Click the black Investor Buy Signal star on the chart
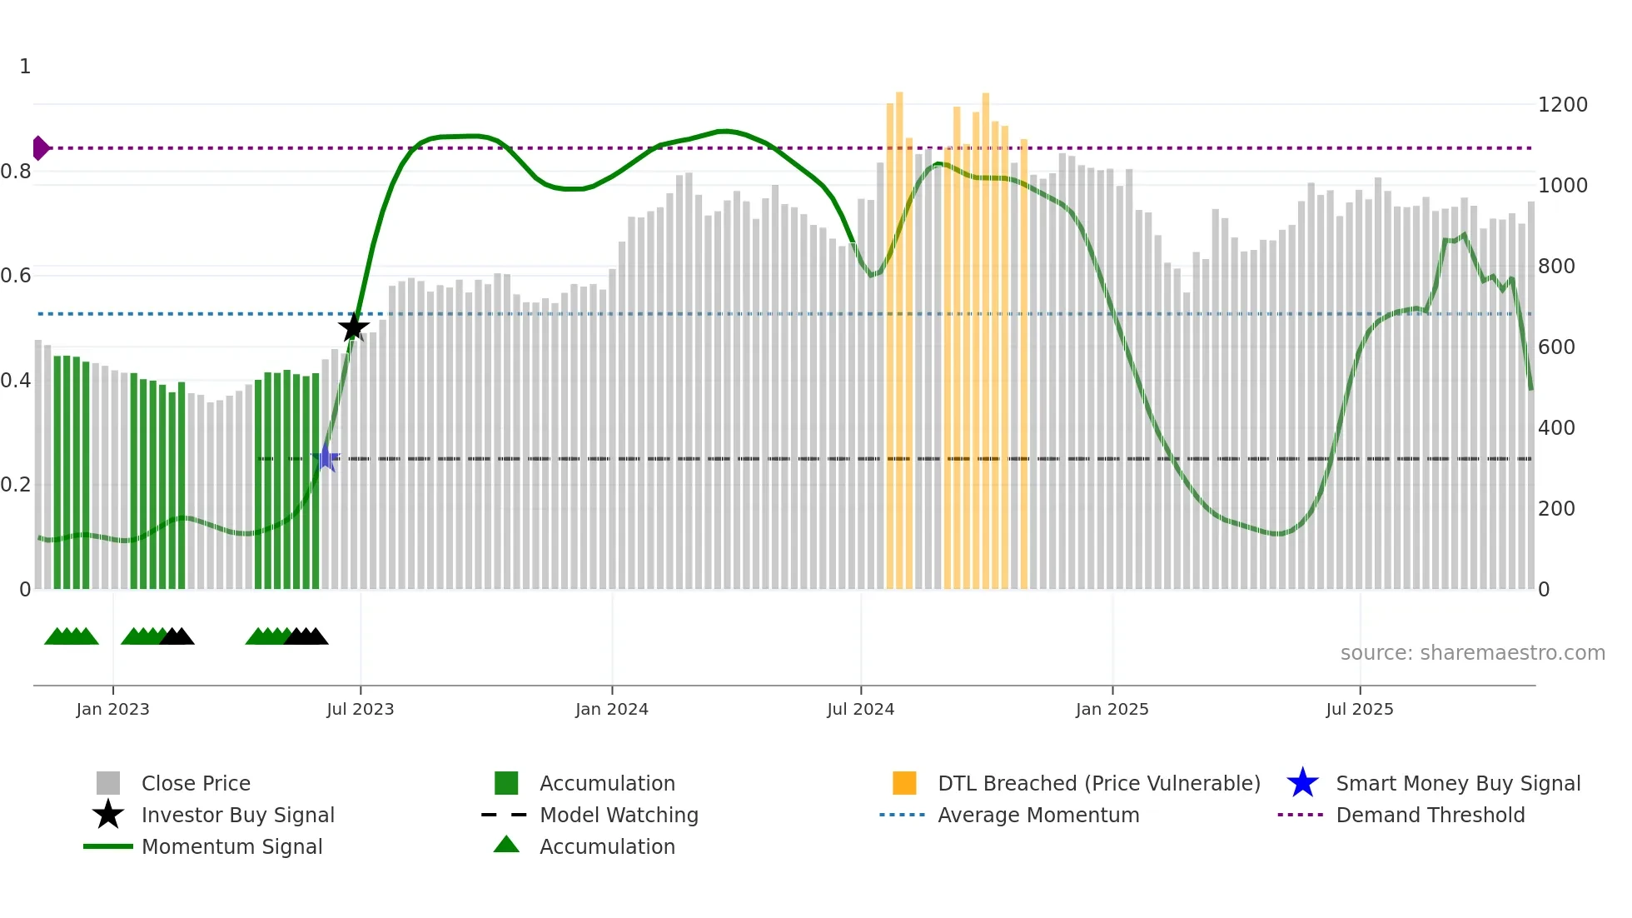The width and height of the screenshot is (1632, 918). click(354, 327)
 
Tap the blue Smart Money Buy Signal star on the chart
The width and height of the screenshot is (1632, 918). click(326, 458)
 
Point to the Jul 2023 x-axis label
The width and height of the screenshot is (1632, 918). click(360, 709)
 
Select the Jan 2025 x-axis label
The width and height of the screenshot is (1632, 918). click(1112, 709)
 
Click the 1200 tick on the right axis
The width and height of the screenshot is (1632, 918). click(1562, 105)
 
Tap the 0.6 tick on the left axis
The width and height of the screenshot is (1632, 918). click(17, 276)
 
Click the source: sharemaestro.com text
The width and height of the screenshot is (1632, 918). click(1472, 653)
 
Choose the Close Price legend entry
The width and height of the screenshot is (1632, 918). click(196, 784)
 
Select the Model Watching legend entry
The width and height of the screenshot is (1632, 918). click(619, 816)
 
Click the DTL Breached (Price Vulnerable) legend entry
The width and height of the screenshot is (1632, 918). click(1098, 784)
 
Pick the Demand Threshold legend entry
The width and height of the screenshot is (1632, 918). click(1430, 816)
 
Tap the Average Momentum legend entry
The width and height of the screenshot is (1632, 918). click(1037, 816)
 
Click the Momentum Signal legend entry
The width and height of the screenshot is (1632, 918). click(231, 847)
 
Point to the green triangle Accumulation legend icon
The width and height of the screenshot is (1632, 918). click(506, 845)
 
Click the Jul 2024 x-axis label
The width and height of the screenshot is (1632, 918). click(860, 709)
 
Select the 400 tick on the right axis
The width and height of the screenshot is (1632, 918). click(1556, 428)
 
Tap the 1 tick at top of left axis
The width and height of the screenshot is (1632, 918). click(25, 67)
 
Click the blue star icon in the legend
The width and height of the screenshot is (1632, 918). click(1302, 783)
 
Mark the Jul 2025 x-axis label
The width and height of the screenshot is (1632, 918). click(1359, 709)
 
